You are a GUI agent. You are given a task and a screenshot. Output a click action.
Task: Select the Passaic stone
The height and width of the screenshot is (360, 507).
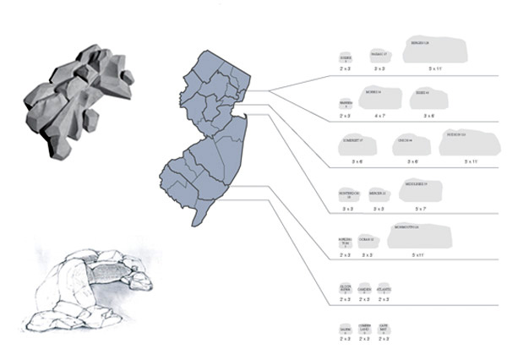379,55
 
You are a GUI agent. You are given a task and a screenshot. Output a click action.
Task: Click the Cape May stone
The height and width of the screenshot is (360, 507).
384,330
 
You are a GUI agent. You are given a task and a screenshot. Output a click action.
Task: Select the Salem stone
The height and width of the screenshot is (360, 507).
345,330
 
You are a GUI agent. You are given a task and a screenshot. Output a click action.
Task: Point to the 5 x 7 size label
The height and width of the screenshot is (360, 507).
424,207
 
